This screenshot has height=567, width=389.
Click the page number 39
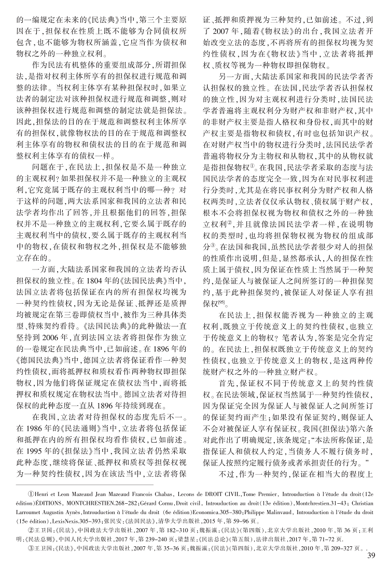tap(370, 557)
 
